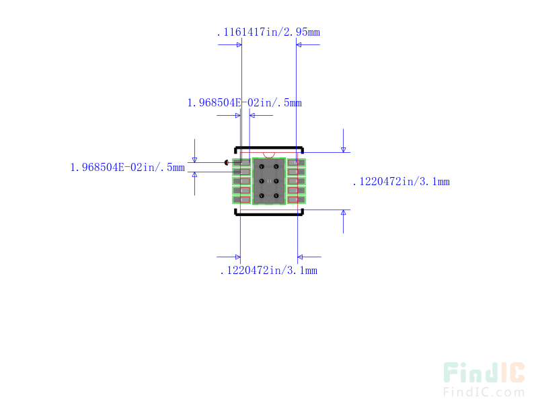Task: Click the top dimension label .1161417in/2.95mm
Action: click(268, 32)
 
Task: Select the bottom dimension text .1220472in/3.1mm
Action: click(268, 271)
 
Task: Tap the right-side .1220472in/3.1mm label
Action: click(401, 182)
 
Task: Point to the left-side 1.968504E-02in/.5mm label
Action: click(127, 168)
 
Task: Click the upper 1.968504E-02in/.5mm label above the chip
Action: click(244, 103)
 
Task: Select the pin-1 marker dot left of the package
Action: click(227, 162)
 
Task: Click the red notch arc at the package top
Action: click(269, 155)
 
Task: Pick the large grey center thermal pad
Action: click(269, 180)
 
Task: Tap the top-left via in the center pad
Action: click(262, 166)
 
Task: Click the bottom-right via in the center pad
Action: click(276, 195)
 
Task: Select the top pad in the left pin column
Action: click(241, 162)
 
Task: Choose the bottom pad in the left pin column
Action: click(241, 199)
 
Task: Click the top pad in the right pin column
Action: click(297, 162)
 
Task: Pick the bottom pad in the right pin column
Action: click(297, 199)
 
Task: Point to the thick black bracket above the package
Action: click(269, 147)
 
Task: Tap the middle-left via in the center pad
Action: click(262, 181)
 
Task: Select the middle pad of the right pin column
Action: click(297, 180)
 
